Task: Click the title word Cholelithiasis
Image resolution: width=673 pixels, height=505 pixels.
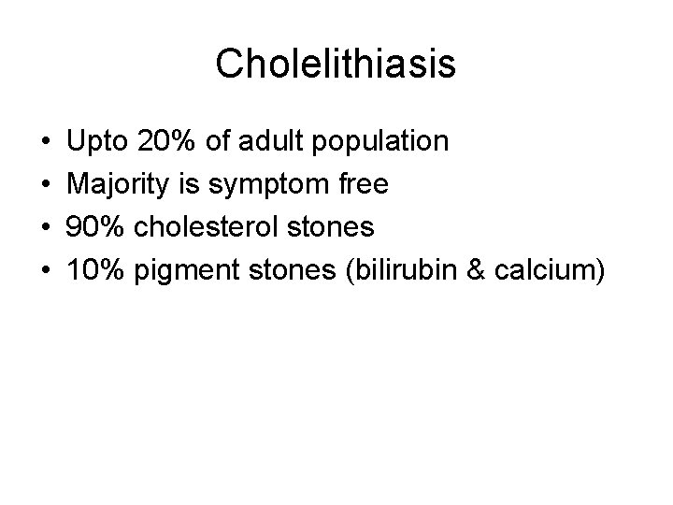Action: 336,65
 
